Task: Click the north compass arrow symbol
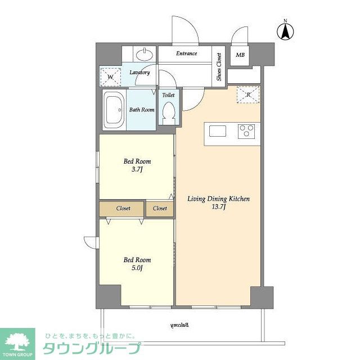[x=285, y=31]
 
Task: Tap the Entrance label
[x=186, y=53]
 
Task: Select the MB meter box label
[x=240, y=55]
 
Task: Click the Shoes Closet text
[x=219, y=67]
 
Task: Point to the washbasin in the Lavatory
[x=145, y=55]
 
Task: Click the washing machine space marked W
[x=110, y=76]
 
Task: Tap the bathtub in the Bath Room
[x=114, y=110]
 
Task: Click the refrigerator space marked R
[x=248, y=94]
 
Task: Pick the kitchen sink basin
[x=218, y=131]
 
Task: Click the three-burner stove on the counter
[x=246, y=131]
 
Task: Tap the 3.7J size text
[x=137, y=170]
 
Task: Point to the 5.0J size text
[x=137, y=268]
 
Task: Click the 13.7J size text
[x=218, y=207]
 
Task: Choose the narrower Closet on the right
[x=160, y=209]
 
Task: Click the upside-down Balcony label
[x=180, y=325]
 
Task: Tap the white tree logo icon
[x=17, y=341]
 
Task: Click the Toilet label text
[x=168, y=95]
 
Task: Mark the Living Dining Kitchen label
[x=218, y=199]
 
